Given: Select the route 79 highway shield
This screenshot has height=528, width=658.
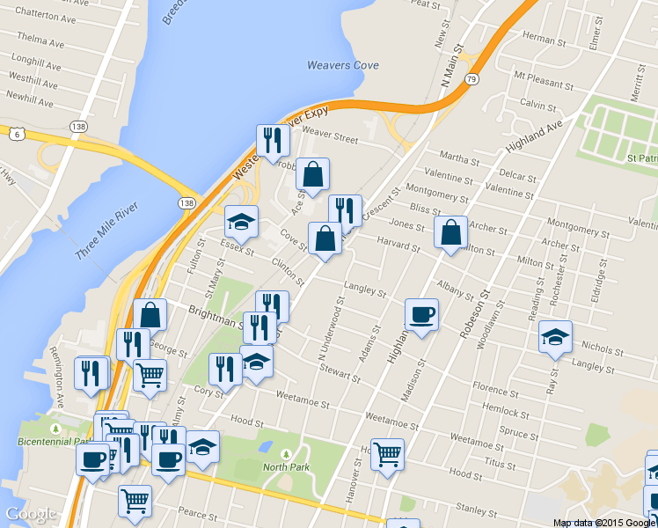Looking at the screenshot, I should coord(472,80).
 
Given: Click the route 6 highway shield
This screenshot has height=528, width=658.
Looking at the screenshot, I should coord(17,133).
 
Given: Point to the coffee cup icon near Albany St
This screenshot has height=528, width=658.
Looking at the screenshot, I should coord(421,315).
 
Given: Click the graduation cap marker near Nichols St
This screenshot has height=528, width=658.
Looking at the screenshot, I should coord(555,338).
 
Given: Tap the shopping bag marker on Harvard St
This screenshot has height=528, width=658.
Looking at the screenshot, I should coord(451,233).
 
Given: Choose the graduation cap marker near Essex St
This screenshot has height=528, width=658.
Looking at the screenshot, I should coord(241,222).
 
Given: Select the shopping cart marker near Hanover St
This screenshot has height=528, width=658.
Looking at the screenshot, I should coord(387,455).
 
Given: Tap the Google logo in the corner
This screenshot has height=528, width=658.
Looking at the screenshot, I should coord(31,514).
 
